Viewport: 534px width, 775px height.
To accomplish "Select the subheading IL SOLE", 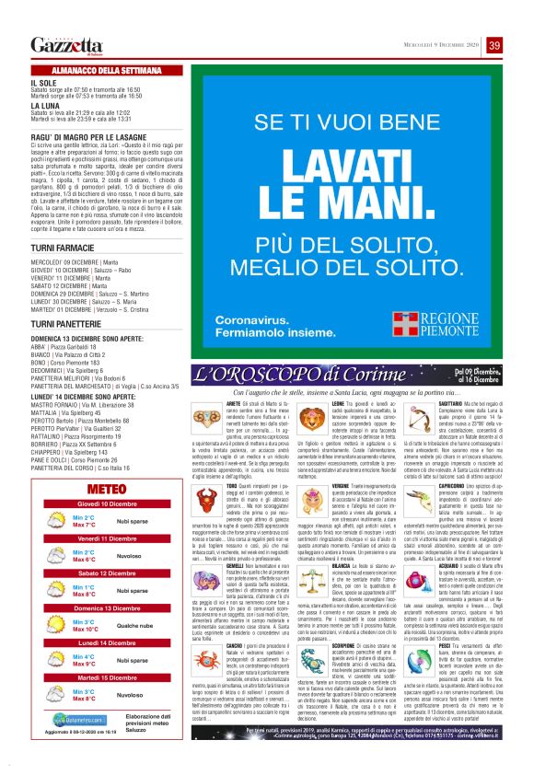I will tap(43, 82).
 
